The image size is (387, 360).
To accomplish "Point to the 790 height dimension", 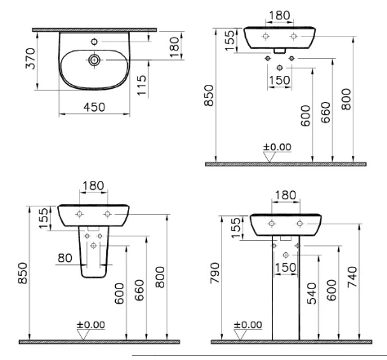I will point(216,276).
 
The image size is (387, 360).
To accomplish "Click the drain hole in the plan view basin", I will point(96,59).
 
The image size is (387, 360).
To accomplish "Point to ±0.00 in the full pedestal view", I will point(248,324).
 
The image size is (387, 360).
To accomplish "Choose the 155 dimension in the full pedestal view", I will point(235,229).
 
